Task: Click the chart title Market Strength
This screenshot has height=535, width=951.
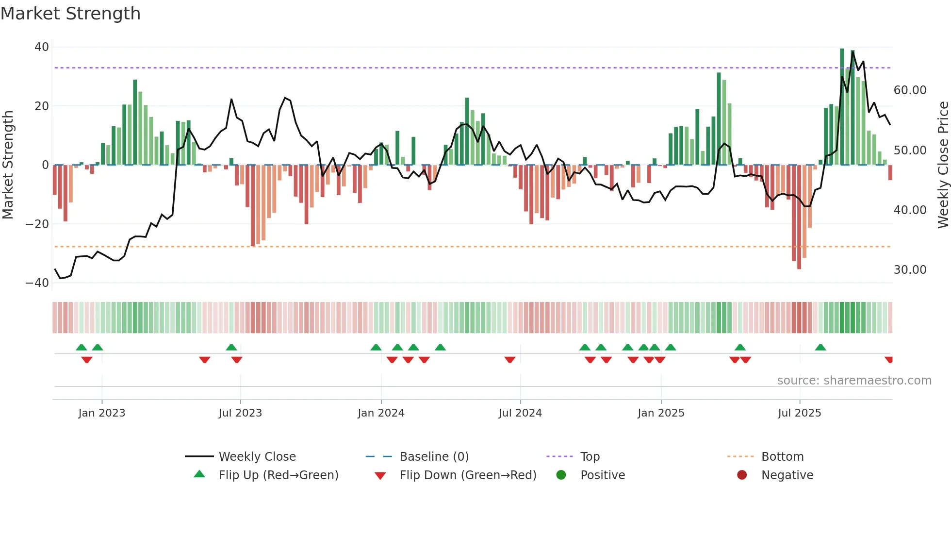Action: point(71,14)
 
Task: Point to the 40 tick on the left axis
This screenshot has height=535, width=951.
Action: point(42,47)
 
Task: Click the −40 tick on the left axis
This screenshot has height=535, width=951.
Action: point(37,283)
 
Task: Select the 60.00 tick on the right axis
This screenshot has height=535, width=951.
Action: point(910,90)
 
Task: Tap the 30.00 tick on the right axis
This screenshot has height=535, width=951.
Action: point(910,270)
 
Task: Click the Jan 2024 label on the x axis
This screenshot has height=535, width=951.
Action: point(381,413)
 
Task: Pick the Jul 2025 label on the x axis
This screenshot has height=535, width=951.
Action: point(799,413)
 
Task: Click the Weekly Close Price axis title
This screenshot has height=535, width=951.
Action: point(943,165)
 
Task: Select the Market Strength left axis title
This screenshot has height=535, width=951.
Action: point(8,165)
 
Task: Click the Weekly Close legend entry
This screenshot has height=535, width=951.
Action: point(257,457)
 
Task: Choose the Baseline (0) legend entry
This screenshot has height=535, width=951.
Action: point(434,457)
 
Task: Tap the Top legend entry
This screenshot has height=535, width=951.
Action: point(590,457)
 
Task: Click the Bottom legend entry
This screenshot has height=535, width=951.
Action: point(782,457)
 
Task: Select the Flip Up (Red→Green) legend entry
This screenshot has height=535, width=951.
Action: point(278,475)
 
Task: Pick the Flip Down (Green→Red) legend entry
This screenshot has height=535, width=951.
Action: point(468,475)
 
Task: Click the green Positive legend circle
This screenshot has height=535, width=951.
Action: point(561,475)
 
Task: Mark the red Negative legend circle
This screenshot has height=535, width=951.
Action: point(742,475)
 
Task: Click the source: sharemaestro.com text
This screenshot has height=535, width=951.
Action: point(854,381)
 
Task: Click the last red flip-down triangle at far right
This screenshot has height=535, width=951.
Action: point(888,360)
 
